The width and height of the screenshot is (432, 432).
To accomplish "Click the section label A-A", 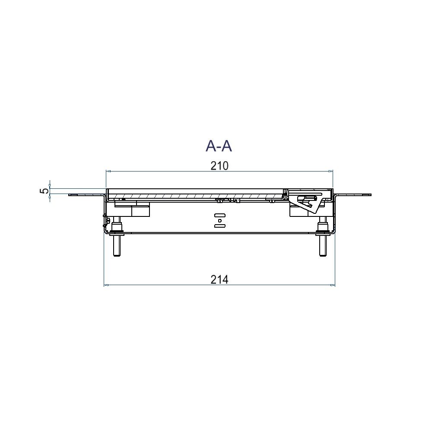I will [x=219, y=146].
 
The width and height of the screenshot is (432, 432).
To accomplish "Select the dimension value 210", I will [x=219, y=166].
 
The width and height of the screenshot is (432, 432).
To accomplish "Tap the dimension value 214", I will [x=219, y=280].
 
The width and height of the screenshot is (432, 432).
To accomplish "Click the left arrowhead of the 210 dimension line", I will [x=108, y=172].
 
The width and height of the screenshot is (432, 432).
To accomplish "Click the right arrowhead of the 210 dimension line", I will [x=331, y=172].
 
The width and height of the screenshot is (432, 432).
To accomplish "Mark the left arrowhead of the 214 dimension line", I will [x=106, y=285].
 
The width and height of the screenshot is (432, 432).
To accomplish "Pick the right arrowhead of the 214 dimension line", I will [x=333, y=285].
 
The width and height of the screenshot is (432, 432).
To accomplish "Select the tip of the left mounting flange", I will [x=70, y=195].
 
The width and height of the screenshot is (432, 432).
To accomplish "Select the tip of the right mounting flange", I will [x=370, y=195].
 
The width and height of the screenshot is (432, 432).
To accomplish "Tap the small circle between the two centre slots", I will [x=219, y=220].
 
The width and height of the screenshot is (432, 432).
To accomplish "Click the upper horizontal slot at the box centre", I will [x=219, y=215].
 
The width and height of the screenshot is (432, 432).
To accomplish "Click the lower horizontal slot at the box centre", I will [x=219, y=226].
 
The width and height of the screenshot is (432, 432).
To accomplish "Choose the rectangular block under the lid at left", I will [x=140, y=211].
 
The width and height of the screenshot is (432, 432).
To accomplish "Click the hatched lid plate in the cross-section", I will [x=194, y=197].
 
